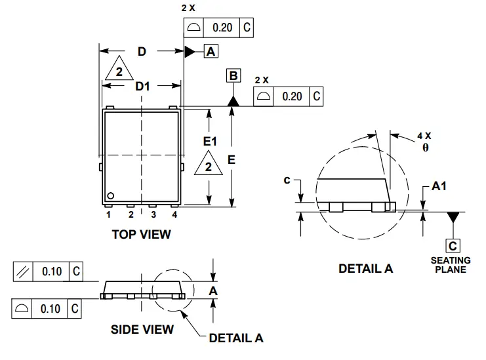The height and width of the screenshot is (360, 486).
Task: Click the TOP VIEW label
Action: point(141,233)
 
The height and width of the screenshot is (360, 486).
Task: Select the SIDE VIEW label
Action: point(142,329)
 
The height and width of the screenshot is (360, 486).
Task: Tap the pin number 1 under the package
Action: point(109,214)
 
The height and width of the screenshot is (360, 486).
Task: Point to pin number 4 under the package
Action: point(174,214)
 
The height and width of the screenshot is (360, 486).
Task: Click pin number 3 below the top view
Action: point(153,214)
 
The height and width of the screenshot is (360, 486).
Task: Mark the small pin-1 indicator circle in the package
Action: point(111,195)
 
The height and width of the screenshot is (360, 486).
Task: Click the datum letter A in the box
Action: point(211,51)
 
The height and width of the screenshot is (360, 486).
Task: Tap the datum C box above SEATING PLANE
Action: point(453,246)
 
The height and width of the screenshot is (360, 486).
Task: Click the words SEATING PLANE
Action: point(451,265)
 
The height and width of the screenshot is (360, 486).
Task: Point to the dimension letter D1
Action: point(142,87)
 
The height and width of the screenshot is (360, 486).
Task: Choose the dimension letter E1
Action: point(210,141)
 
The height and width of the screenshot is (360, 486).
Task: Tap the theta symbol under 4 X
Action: point(425,148)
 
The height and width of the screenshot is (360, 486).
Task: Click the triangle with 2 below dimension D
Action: point(119,71)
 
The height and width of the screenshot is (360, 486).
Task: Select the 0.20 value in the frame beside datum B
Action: point(292,96)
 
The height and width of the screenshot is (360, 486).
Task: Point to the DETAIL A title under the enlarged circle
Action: point(365,268)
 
